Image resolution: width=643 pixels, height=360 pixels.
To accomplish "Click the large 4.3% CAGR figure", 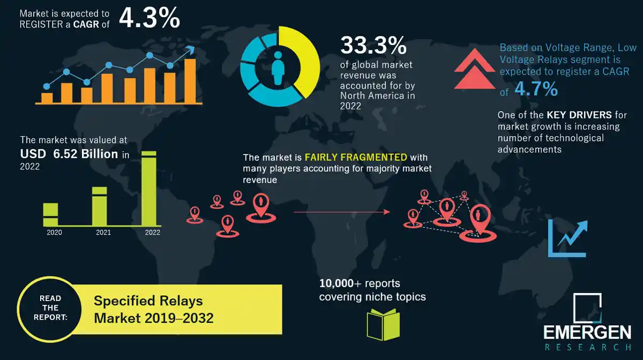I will click(x=149, y=18).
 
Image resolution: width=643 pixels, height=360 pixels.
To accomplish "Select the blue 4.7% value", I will click(x=536, y=89).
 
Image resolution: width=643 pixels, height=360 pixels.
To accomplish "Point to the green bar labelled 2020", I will click(x=50, y=214).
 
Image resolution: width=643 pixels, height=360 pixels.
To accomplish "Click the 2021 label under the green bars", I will click(x=103, y=232).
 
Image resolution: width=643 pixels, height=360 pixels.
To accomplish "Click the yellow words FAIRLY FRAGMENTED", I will click(x=356, y=158).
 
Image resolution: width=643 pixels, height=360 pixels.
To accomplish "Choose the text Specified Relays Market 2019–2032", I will click(x=154, y=310).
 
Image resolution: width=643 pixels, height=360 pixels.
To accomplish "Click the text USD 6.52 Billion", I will click(x=70, y=154).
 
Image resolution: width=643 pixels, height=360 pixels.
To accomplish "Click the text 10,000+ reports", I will click(x=360, y=283).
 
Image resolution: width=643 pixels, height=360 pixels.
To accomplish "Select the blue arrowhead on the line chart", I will click(x=189, y=51).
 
